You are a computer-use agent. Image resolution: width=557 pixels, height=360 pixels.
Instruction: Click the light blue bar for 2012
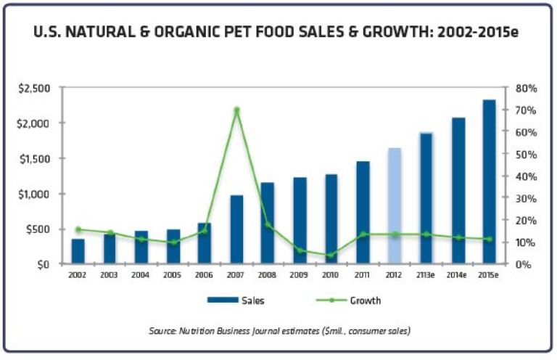pyautogui.click(x=394, y=206)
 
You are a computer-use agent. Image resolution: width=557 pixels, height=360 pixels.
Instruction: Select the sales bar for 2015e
pyautogui.click(x=490, y=181)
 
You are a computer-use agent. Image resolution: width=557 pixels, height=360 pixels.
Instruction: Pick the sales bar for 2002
pyautogui.click(x=78, y=251)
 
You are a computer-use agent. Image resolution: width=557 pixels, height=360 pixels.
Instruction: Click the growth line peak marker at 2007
pyautogui.click(x=236, y=110)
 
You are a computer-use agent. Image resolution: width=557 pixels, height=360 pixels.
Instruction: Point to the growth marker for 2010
pyautogui.click(x=331, y=255)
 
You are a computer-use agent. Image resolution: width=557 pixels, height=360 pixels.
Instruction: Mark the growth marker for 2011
pyautogui.click(x=363, y=234)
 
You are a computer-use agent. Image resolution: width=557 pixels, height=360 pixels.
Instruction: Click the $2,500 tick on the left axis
pyautogui.click(x=34, y=88)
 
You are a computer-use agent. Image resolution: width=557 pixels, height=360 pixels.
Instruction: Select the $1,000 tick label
pyautogui.click(x=34, y=194)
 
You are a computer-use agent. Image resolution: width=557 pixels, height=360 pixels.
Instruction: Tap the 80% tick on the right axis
pyautogui.click(x=523, y=88)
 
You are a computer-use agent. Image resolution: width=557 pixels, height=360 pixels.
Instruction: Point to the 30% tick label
pyautogui.click(x=523, y=198)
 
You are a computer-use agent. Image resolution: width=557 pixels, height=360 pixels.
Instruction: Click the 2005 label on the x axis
pyautogui.click(x=172, y=276)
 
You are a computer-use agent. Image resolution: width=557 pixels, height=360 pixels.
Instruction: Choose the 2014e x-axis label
pyautogui.click(x=458, y=276)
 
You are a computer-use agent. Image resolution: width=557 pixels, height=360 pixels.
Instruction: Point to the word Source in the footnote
pyautogui.click(x=161, y=330)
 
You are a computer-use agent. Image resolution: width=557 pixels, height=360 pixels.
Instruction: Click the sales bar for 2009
pyautogui.click(x=300, y=221)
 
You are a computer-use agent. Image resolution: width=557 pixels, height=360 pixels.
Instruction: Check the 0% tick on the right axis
pyautogui.click(x=521, y=264)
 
